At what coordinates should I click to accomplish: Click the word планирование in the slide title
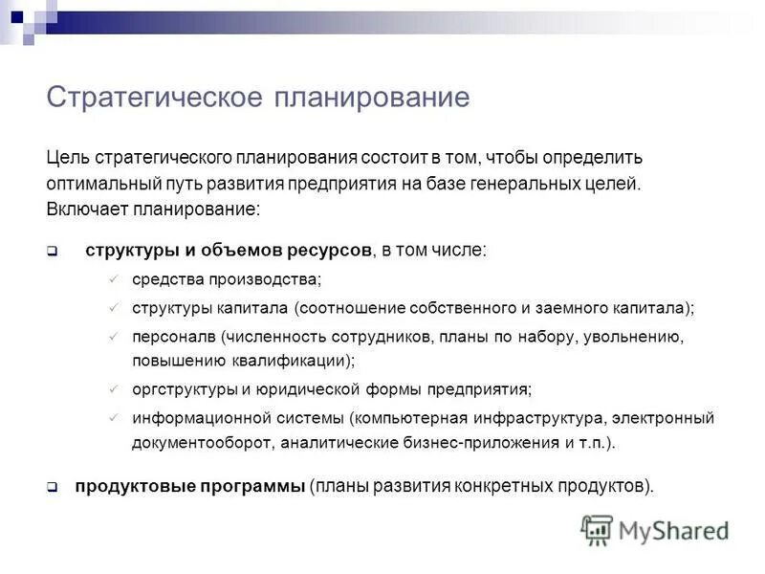(x=369, y=98)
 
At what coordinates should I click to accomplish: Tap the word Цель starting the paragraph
(x=66, y=157)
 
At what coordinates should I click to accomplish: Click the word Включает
(x=84, y=208)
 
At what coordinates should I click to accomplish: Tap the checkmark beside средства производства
(x=112, y=279)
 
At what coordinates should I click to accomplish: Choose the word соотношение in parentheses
(x=353, y=308)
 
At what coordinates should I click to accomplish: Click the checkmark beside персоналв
(x=112, y=337)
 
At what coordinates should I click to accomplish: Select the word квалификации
(x=296, y=361)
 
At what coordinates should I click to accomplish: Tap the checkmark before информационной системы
(x=112, y=418)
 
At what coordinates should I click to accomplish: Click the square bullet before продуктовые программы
(x=53, y=487)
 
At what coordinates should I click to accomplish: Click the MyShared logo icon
(x=597, y=528)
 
